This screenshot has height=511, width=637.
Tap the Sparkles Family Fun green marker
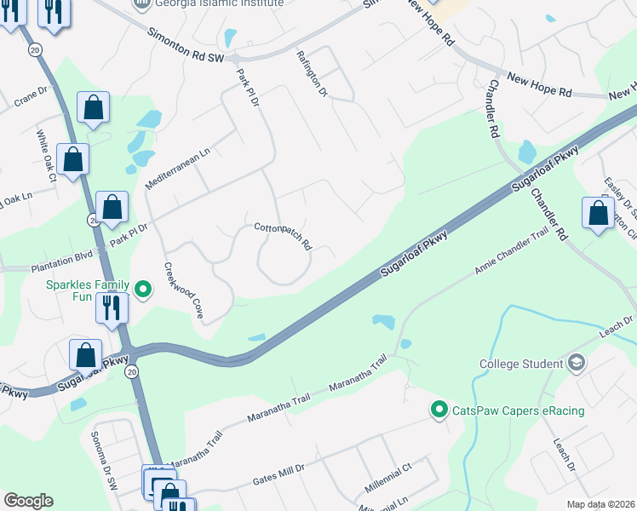143,290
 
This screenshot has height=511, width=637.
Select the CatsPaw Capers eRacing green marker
439,411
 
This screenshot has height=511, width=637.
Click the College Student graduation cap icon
577,364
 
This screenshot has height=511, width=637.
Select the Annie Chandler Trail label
512,255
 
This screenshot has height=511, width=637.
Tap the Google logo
28,501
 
